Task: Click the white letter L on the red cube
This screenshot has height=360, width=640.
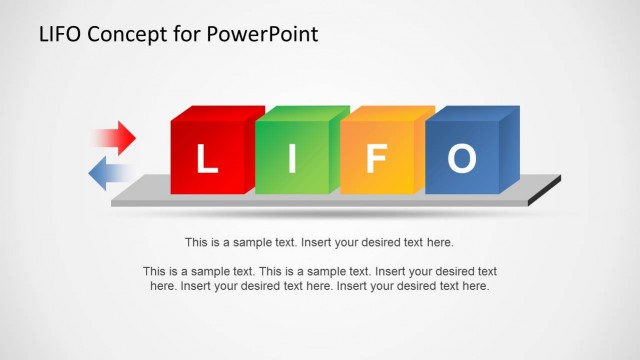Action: point(206,159)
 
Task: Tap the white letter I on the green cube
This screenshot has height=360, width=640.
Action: point(293,159)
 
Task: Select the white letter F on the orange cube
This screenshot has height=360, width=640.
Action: point(376,159)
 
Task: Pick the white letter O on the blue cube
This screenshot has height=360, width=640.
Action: point(461,159)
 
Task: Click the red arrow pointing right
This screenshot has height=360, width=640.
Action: point(116,137)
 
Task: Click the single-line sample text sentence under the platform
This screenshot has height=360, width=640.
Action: point(320,242)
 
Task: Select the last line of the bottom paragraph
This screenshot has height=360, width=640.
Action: point(320,286)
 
